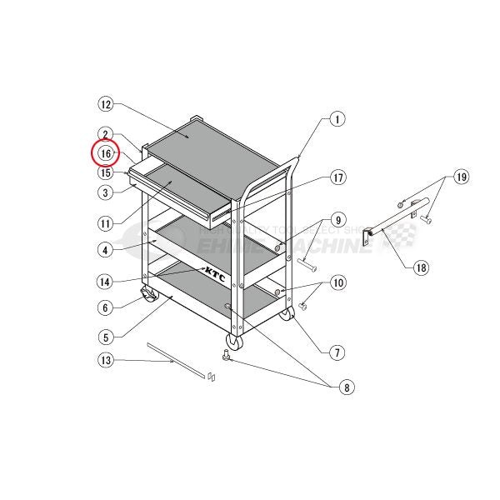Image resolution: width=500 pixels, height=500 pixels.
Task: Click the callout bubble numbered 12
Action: pos(105,105)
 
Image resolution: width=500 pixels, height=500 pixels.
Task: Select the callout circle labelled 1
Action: pos(337,119)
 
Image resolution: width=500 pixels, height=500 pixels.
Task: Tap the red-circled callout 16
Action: pos(106,154)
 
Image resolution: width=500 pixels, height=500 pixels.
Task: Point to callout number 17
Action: pos(337,177)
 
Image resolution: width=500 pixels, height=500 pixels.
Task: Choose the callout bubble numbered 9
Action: pos(337,220)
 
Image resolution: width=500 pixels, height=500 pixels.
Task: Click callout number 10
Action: pos(337,282)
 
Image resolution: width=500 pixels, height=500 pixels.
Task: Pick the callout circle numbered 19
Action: pos(461,177)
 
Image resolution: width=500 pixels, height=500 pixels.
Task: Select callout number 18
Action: pos(421,268)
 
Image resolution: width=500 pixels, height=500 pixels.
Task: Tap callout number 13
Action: pos(105,360)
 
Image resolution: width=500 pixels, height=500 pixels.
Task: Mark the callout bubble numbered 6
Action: pos(105,307)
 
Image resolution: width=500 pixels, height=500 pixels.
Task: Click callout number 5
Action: pos(105,337)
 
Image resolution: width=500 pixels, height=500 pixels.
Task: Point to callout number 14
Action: pos(105,281)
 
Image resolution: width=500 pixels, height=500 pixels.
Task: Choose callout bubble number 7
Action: pos(337,352)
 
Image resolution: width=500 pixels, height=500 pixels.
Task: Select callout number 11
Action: pos(105,223)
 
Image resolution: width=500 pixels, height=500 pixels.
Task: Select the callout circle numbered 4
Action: pos(105,248)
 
